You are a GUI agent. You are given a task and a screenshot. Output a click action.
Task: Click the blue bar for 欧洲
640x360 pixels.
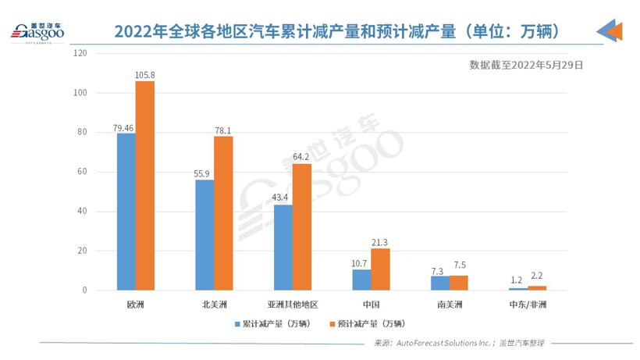pyautogui.click(x=126, y=212)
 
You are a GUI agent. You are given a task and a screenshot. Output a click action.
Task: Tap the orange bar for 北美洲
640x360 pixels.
pyautogui.click(x=223, y=213)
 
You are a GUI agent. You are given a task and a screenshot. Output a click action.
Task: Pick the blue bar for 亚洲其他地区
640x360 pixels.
pyautogui.click(x=283, y=248)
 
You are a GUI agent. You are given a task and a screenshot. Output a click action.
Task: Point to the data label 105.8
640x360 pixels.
pyautogui.click(x=146, y=75)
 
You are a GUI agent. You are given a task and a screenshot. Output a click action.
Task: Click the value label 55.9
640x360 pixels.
pyautogui.click(x=204, y=173)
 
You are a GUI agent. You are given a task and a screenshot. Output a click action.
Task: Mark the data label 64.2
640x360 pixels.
pyautogui.click(x=302, y=157)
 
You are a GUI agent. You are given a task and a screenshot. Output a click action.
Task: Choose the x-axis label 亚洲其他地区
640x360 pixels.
pyautogui.click(x=292, y=303)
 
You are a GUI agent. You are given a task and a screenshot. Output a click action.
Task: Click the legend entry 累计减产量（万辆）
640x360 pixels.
pyautogui.click(x=277, y=323)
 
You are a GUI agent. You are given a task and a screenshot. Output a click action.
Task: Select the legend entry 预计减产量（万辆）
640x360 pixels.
pyautogui.click(x=370, y=323)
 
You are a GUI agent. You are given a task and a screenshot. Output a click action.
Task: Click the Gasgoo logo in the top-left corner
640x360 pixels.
pyautogui.click(x=37, y=32)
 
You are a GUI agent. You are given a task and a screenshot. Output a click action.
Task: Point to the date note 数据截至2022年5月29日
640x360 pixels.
pyautogui.click(x=526, y=66)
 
